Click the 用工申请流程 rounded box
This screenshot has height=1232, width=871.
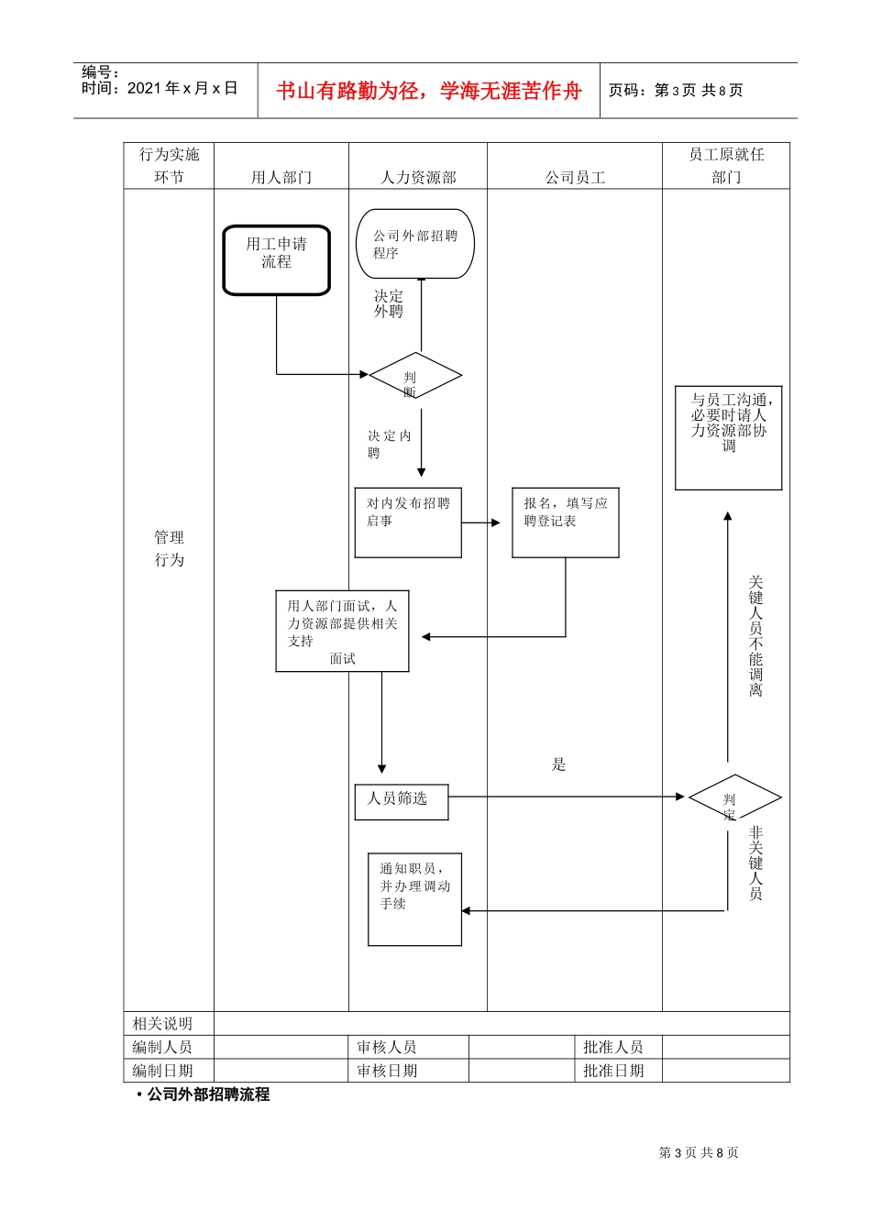276,260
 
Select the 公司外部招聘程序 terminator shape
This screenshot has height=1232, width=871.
414,244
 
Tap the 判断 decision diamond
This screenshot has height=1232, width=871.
414,376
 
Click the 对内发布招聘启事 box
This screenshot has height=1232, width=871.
408,522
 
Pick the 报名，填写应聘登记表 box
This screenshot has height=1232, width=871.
565,522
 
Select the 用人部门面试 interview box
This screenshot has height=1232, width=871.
342,631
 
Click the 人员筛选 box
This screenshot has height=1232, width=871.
401,801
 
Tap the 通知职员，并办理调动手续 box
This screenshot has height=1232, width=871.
414,898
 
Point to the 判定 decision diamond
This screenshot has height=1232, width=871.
734,798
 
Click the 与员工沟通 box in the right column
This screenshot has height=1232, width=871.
728,437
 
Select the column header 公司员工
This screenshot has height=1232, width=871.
575,177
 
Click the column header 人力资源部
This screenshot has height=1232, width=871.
418,177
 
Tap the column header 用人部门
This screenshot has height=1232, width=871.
281,177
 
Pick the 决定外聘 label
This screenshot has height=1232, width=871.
388,303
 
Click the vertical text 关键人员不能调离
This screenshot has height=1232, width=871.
755,635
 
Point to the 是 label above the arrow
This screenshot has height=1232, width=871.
559,764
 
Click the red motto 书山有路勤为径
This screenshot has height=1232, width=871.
429,91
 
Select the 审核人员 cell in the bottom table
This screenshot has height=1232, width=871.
386,1047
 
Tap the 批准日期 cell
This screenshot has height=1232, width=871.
613,1071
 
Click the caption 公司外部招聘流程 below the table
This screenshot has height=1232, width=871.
208,1094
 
